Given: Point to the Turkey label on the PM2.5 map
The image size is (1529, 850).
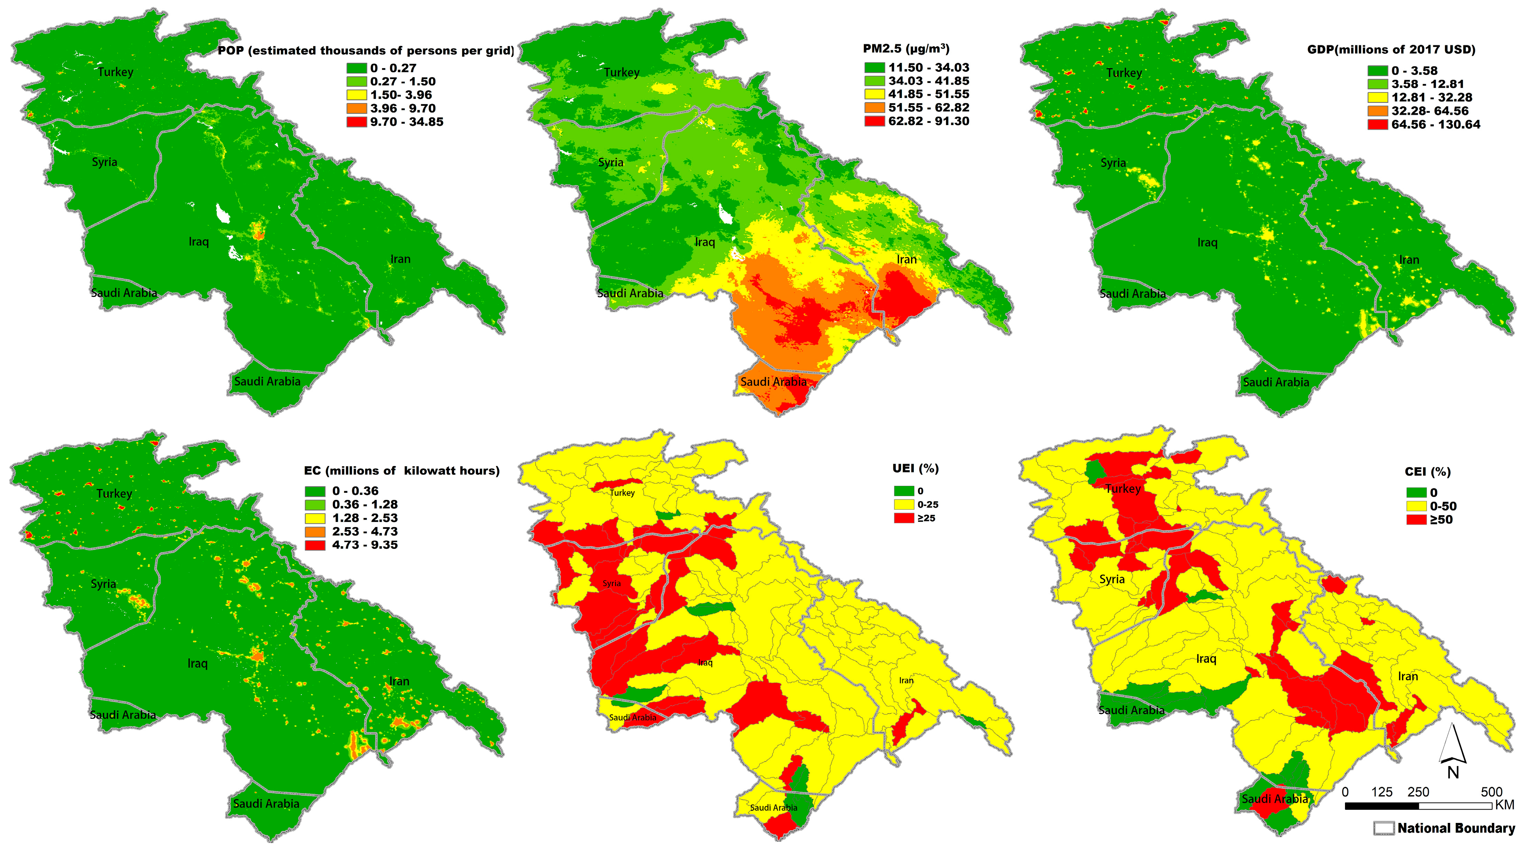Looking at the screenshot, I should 621,73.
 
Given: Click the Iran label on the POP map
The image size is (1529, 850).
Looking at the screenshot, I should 400,259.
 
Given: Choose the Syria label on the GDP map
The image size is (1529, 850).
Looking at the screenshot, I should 1113,162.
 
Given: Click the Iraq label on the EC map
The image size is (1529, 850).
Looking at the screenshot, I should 198,663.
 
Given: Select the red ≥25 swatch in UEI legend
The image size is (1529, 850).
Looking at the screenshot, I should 904,518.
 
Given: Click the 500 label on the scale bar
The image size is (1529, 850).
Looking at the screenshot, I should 1491,792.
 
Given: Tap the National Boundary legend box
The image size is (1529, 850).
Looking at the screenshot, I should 1384,828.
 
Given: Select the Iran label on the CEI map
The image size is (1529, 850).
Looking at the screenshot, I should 1408,676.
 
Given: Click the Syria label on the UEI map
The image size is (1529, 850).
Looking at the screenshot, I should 611,583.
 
